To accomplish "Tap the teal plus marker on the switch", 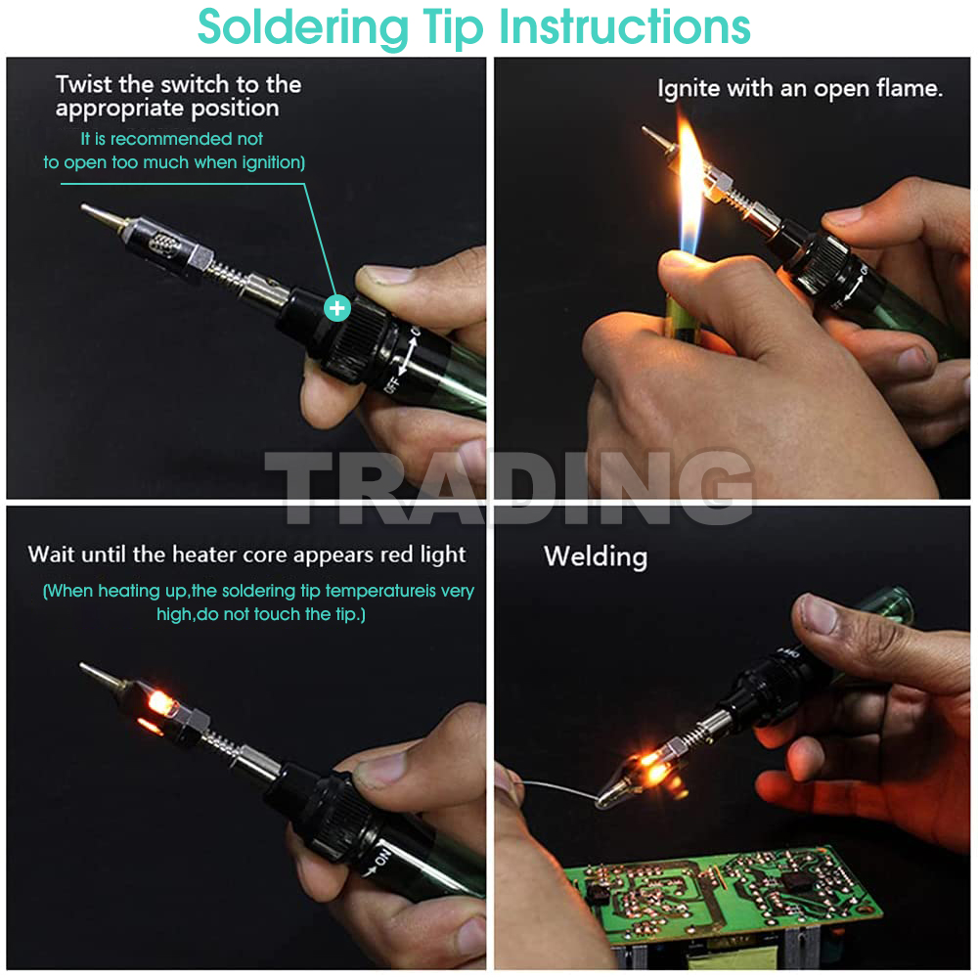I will pyautogui.click(x=337, y=308).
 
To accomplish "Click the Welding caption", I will pyautogui.click(x=595, y=557).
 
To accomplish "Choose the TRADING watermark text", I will pyautogui.click(x=509, y=486).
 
